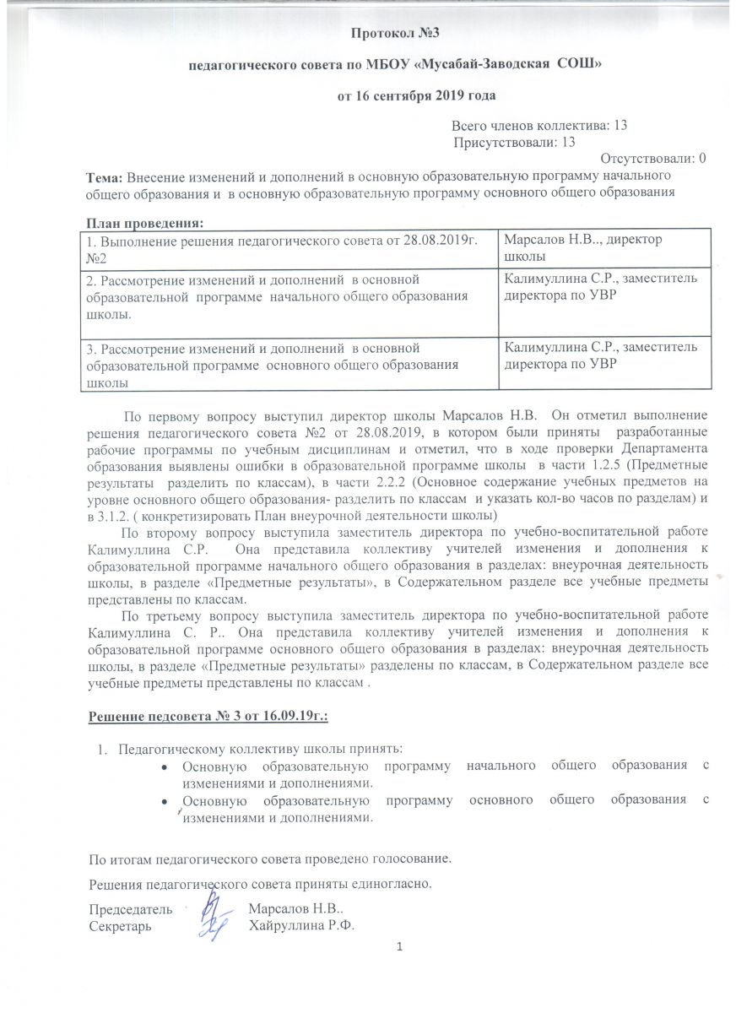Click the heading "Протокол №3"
click(x=394, y=34)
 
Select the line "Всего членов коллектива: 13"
click(x=538, y=125)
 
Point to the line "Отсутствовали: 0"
click(x=652, y=158)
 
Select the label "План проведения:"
click(x=145, y=222)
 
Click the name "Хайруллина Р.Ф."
click(x=300, y=925)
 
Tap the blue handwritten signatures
click(x=214, y=918)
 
